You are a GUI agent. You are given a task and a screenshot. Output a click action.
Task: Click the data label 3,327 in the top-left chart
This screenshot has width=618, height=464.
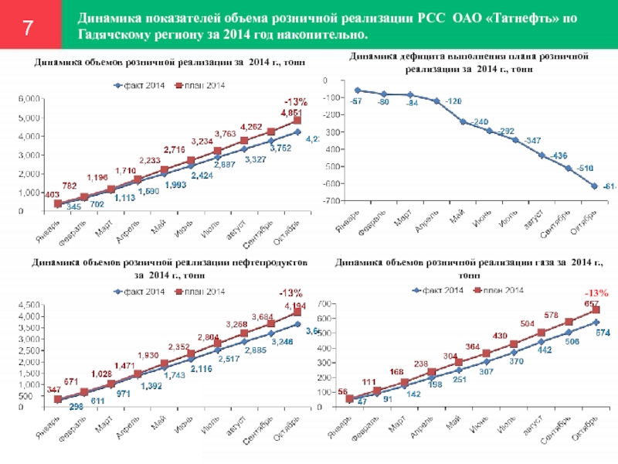click(x=256, y=159)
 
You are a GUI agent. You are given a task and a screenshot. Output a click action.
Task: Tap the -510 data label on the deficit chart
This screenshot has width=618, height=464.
click(x=565, y=169)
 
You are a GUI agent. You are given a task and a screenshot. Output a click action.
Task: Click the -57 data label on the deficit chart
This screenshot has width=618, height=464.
click(x=356, y=101)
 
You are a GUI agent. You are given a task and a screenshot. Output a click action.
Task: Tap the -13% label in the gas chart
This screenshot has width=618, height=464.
click(x=597, y=293)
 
